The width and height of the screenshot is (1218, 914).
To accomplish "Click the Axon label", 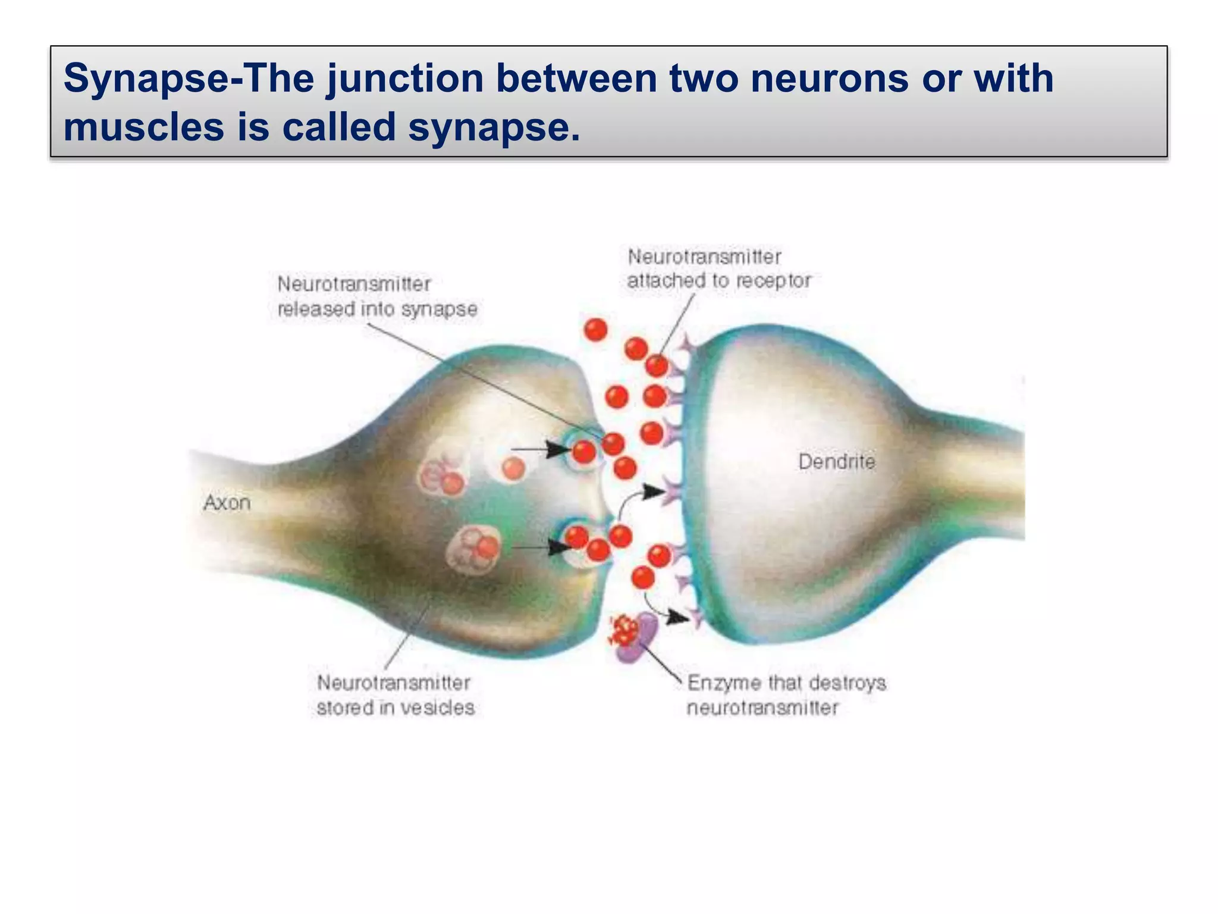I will click(227, 503).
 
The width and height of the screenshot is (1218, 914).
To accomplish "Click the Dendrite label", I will click(836, 462).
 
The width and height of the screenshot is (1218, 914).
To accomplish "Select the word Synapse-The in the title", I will click(188, 79).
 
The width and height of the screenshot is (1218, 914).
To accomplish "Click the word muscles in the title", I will click(143, 127).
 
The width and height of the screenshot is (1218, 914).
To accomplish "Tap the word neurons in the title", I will click(829, 79).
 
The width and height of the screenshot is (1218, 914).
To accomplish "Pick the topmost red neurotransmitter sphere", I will click(595, 329).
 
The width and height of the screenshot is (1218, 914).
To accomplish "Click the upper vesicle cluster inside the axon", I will click(441, 476).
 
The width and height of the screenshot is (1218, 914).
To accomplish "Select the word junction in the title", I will click(405, 79).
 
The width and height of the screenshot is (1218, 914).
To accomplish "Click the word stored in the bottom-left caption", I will click(338, 708).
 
